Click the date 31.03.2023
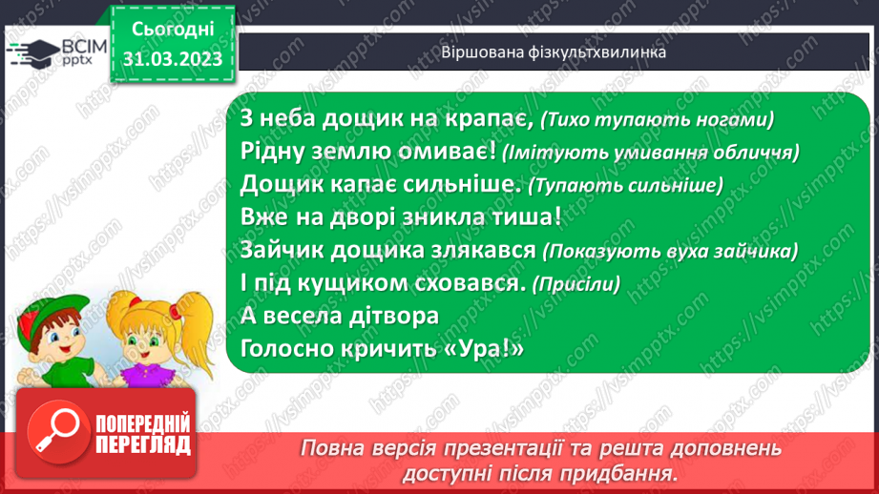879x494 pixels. (x=172, y=60)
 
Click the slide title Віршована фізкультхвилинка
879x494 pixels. (x=554, y=51)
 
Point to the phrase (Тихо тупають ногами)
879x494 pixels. (x=657, y=120)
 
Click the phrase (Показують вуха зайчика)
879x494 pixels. (x=668, y=251)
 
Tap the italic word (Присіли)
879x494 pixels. (x=576, y=284)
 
